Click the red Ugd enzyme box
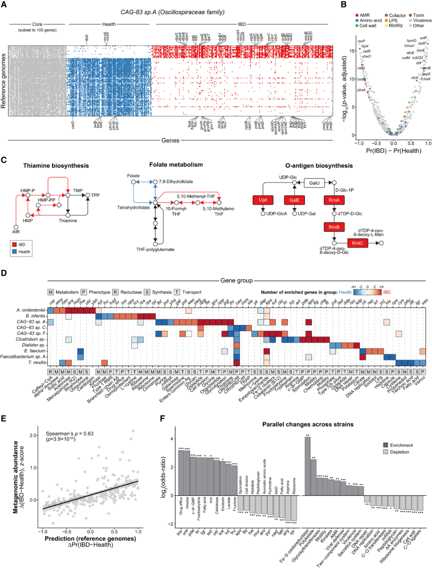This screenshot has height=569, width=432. (x=263, y=200)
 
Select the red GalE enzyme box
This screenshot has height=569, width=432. (x=294, y=200)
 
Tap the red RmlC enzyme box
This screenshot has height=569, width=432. (x=358, y=243)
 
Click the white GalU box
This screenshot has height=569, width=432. (x=314, y=183)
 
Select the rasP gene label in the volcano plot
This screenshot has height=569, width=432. (x=361, y=41)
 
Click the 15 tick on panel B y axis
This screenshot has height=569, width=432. (x=352, y=51)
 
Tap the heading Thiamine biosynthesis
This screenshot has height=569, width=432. (x=56, y=166)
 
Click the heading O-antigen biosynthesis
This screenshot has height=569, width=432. (x=319, y=166)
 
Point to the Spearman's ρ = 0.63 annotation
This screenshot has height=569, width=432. (x=70, y=434)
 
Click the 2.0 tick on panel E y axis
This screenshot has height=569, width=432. (x=34, y=435)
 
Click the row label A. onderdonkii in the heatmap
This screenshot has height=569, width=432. (x=31, y=310)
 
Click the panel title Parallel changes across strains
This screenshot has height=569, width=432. (x=308, y=424)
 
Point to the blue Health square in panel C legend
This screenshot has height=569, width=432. (x=14, y=252)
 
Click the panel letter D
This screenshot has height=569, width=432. (x=4, y=273)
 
